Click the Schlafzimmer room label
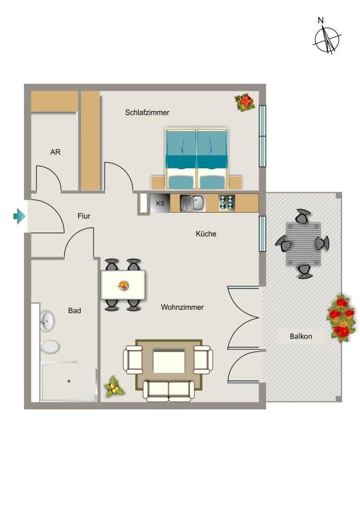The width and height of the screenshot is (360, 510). (147, 113)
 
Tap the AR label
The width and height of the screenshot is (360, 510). (55, 152)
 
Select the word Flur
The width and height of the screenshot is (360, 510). (84, 216)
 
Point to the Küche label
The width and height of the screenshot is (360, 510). (206, 234)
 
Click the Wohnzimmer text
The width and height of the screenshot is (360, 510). (182, 307)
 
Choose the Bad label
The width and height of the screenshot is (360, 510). (75, 311)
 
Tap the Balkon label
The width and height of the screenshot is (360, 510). (301, 336)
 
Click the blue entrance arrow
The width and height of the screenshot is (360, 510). (19, 216)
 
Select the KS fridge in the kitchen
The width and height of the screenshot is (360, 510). (160, 203)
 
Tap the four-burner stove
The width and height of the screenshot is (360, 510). (227, 203)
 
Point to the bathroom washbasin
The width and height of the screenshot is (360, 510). (47, 321)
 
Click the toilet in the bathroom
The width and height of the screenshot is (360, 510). (50, 347)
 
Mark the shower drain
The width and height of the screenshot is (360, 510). (69, 381)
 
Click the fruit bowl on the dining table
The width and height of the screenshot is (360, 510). (123, 285)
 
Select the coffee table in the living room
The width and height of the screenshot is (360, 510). (169, 362)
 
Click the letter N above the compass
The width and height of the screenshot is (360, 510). (321, 20)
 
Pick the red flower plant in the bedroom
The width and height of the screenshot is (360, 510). (245, 103)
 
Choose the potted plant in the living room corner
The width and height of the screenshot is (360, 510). (114, 386)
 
